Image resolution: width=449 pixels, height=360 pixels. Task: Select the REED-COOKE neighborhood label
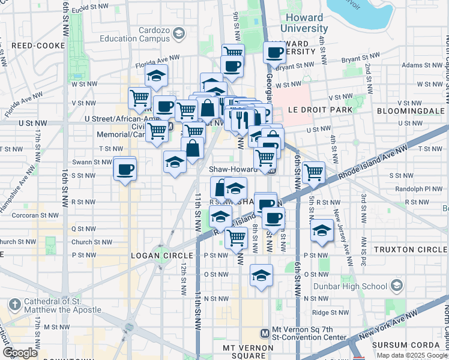tap(34, 45)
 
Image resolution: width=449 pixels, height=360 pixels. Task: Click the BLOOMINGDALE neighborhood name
tap(411, 111)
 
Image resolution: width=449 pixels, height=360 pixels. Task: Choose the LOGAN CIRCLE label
tap(153, 256)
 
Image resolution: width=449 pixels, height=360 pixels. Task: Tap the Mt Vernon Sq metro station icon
tap(265, 332)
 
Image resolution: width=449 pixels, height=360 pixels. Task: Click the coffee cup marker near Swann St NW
tap(124, 169)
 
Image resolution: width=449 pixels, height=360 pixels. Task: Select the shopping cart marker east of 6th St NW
tap(313, 172)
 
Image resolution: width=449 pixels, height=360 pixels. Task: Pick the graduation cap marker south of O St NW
tap(261, 275)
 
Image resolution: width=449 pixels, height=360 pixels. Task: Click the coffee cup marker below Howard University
tap(275, 52)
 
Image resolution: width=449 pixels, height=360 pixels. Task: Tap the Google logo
tap(20, 353)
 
